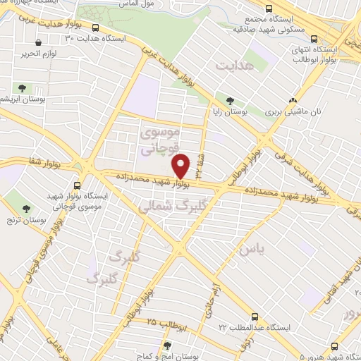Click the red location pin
181,166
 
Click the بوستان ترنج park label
26,220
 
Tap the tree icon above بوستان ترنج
26,208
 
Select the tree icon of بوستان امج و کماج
167,345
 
